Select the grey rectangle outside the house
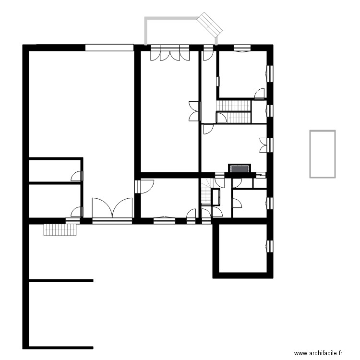322,154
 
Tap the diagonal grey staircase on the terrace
210,24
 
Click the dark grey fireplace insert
240,168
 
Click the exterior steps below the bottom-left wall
60,230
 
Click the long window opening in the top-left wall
109,47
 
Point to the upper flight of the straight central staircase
234,105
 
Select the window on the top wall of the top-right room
242,48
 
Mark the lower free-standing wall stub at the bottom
61,346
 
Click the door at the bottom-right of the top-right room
259,94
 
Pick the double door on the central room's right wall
194,111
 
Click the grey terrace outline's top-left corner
146,19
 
